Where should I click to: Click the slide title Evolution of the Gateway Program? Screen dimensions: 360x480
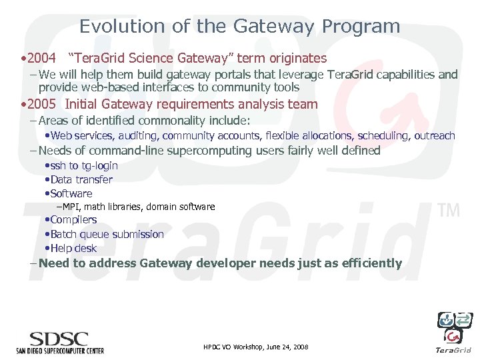pos(239,27)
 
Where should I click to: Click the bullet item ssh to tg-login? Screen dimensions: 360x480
pos(83,165)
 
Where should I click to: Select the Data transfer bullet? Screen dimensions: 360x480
pos(81,179)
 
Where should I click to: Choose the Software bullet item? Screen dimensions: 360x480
pos(71,193)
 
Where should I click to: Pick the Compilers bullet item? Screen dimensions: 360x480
pos(73,220)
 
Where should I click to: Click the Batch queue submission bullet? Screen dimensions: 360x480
pos(107,234)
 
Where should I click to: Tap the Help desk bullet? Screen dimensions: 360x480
pos(73,248)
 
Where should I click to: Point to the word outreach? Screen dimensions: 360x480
pos(434,136)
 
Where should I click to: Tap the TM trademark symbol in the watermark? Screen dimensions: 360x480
pos(448,211)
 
